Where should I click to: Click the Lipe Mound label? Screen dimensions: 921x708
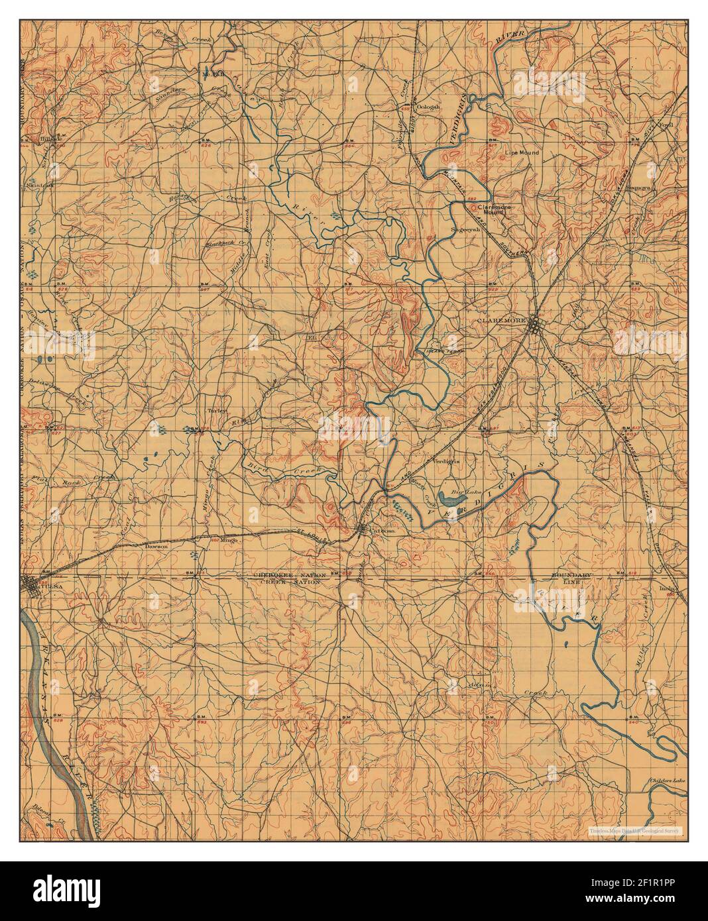[522, 153]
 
